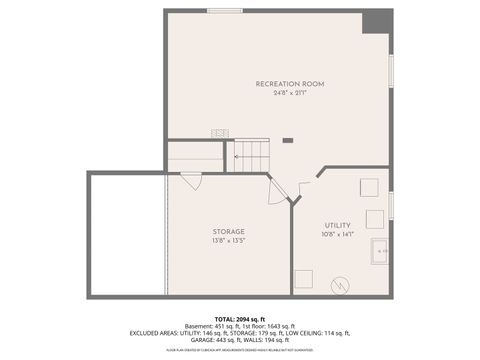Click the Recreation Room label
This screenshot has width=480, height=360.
coord(290,83)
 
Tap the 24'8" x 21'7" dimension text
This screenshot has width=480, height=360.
coord(290,93)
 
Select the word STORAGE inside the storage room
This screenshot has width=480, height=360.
coord(228,231)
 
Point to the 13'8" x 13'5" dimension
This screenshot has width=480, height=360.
coord(228,241)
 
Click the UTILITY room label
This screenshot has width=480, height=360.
coord(337,225)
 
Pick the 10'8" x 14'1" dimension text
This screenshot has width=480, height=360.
coord(337,235)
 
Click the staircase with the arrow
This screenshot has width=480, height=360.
coord(252,154)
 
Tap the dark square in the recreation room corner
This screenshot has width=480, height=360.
coord(378,21)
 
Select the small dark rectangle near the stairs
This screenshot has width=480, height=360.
coord(288,140)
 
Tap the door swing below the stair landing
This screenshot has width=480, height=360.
coord(190,180)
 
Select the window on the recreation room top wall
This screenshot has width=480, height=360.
coord(224,11)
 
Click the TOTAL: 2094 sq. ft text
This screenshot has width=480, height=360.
coord(240,318)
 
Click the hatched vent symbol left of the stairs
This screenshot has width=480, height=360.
coord(219,132)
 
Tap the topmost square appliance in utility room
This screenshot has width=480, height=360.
coord(369,187)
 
